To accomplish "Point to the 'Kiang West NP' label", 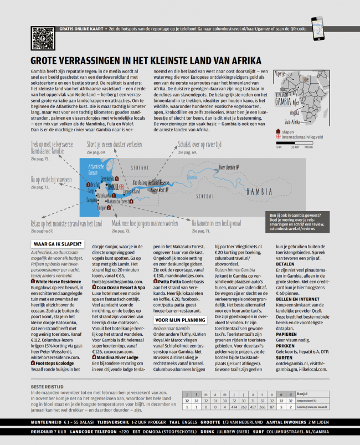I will pos(160,190).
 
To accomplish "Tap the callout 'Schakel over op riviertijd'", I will pos(203,145).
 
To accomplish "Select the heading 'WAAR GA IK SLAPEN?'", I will pos(58,243).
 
